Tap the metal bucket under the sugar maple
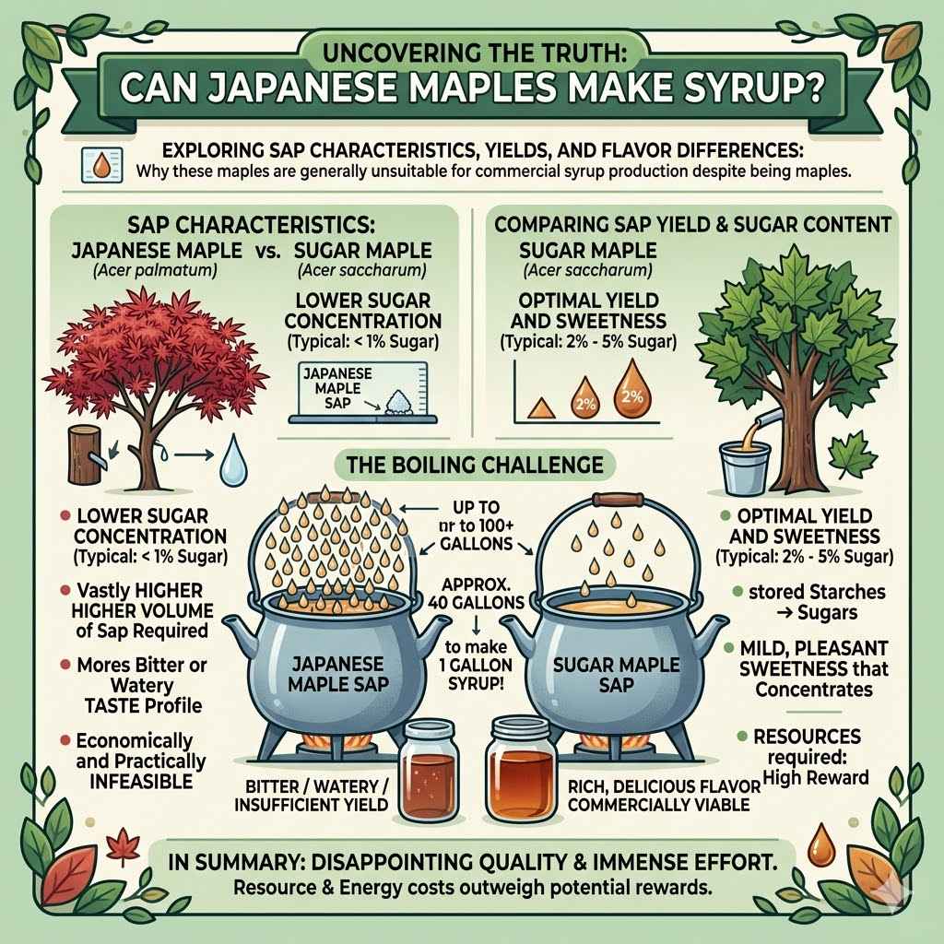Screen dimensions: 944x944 pos(746,466)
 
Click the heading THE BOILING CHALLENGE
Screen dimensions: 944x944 pos(475,464)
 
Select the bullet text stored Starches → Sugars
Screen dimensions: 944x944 pos(807,600)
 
